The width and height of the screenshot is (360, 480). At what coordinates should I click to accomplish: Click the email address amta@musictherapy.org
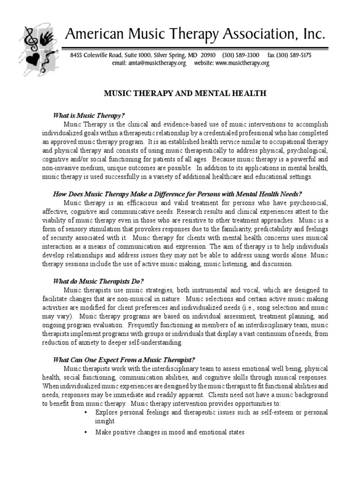pos(156,63)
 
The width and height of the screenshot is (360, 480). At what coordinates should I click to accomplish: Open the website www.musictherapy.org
pos(243,63)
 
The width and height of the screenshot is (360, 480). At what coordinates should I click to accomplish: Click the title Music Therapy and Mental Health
pos(185,93)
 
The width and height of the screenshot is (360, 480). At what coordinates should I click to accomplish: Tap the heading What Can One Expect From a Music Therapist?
pos(123,360)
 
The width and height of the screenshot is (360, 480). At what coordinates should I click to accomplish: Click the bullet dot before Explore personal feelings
pos(85,412)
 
